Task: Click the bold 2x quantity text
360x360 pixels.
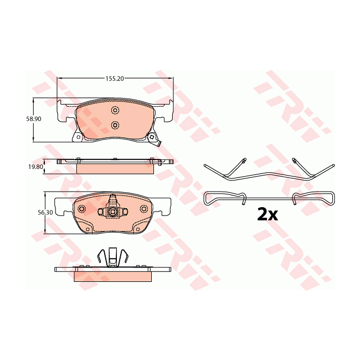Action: (267, 214)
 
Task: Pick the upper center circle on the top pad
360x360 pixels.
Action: (115, 110)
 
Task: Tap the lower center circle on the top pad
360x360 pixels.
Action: (115, 125)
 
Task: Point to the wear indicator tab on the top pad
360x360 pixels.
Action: (158, 145)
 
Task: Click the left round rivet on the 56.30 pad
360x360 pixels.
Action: (81, 209)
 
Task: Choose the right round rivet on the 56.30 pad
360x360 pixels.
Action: (144, 209)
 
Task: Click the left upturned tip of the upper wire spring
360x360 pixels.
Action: (244, 161)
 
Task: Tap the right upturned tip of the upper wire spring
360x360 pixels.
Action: (293, 161)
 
